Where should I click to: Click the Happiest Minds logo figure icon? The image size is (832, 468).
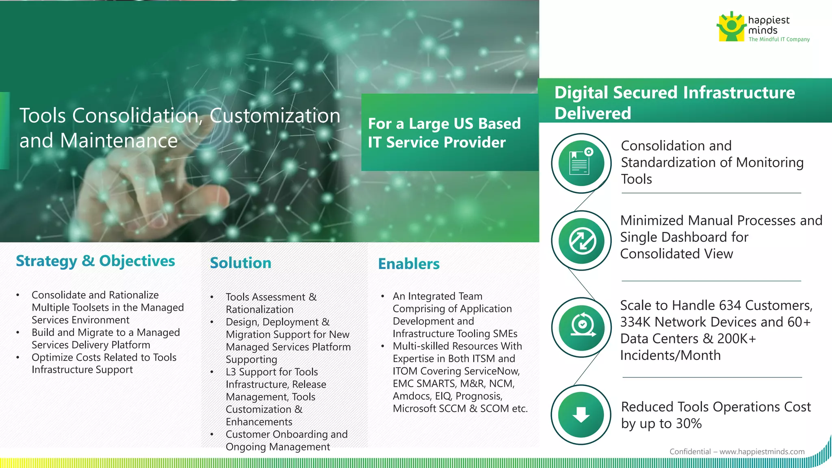731,27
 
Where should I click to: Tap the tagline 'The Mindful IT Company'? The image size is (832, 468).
779,39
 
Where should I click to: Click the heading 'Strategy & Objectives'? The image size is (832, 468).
95,261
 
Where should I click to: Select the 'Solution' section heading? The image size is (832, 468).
240,263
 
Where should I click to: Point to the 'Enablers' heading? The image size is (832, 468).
409,264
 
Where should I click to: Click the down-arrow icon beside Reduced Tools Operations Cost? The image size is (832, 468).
581,415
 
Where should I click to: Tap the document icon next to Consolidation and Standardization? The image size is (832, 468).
581,163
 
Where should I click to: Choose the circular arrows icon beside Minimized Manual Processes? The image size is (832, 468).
582,240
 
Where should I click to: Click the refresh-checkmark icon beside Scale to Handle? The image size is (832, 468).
582,327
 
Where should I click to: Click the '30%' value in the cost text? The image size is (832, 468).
689,423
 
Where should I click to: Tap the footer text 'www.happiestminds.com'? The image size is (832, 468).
762,451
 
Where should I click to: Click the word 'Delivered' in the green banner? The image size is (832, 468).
593,113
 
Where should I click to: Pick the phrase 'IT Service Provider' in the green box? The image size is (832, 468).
437,142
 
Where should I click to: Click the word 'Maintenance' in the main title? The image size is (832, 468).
119,141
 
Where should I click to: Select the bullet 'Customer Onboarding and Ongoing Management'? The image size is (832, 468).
286,440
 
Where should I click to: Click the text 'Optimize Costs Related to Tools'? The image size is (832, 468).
104,357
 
